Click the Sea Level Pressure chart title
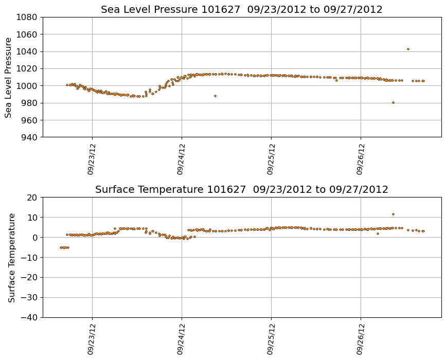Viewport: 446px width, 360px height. (x=241, y=10)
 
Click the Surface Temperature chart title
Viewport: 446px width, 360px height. (x=241, y=190)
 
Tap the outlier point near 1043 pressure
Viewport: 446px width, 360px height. (x=408, y=49)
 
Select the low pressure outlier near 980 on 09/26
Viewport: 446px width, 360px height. (x=393, y=102)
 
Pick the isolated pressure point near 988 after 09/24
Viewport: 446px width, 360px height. (x=215, y=96)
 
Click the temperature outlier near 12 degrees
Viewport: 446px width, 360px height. (x=393, y=214)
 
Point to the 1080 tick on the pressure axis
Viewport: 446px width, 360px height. (x=26, y=17)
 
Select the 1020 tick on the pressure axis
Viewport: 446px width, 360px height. (x=26, y=68)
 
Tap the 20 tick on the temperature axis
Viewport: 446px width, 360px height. (x=33, y=197)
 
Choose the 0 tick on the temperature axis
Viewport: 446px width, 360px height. (x=35, y=238)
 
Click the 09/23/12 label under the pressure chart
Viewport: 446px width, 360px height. (x=91, y=159)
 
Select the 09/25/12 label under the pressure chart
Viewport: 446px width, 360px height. (x=270, y=159)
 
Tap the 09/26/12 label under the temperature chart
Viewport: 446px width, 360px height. (x=360, y=339)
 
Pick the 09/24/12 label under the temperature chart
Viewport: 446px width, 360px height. (x=181, y=339)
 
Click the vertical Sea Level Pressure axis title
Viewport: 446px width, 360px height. (x=9, y=77)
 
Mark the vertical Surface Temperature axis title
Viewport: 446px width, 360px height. (x=11, y=257)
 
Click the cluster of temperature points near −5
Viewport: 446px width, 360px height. (x=64, y=247)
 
